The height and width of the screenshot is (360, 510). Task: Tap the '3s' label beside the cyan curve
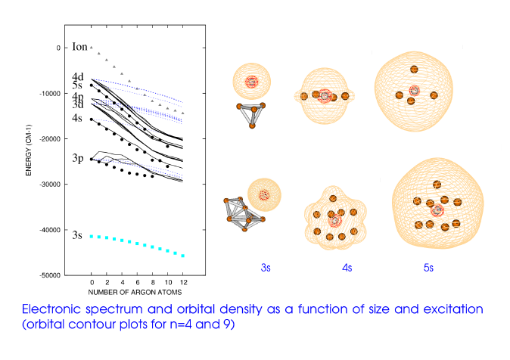click(x=77, y=236)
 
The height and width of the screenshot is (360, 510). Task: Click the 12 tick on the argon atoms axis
click(x=182, y=283)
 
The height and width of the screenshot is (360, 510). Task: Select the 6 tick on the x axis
click(x=137, y=283)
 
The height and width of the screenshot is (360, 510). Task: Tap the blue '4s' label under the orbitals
click(x=350, y=266)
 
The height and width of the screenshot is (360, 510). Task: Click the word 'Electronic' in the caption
click(x=57, y=310)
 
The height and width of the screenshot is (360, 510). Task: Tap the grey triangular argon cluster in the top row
click(x=251, y=114)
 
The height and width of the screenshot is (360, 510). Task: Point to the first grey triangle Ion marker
click(x=91, y=47)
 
